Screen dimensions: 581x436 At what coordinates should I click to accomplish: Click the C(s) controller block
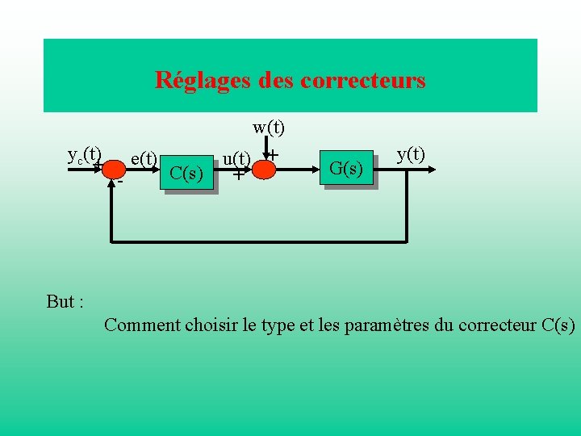coord(188,174)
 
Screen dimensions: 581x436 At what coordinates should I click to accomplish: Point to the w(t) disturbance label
coord(269,127)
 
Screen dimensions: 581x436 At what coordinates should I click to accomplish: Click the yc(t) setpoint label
coord(84,153)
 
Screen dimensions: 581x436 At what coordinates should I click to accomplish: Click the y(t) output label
coord(412,153)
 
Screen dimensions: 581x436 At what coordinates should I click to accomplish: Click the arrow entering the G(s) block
coord(307,169)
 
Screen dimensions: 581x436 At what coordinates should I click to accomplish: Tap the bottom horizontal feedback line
coord(258,241)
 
